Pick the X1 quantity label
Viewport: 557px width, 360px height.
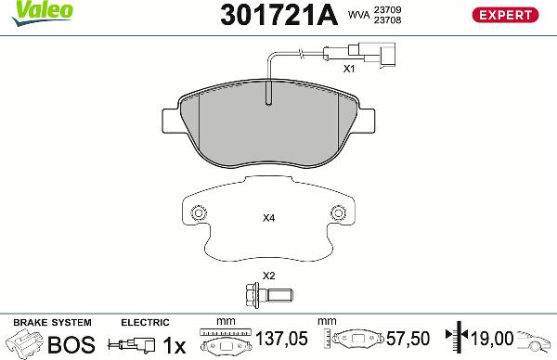click(349, 69)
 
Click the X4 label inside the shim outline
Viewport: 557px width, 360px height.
click(269, 219)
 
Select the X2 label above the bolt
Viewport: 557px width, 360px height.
click(269, 276)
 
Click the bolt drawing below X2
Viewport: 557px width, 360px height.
click(269, 298)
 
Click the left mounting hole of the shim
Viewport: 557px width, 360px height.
click(197, 214)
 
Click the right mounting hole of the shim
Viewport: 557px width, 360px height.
click(341, 214)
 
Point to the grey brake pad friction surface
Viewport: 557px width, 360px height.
click(269, 130)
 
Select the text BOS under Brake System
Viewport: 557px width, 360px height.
click(71, 345)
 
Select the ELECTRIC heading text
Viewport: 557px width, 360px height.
click(145, 322)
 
